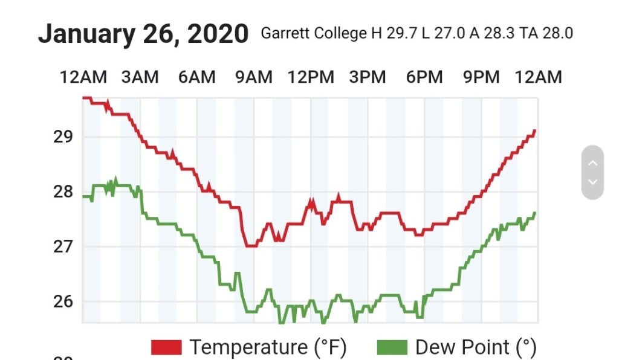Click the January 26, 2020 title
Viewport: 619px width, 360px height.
[143, 34]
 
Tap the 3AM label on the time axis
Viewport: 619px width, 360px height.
[140, 77]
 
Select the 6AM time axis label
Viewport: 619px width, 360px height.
[196, 77]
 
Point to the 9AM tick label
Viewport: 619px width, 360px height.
[254, 77]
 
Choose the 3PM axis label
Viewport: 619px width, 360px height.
[368, 77]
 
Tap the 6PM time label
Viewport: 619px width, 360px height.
[424, 77]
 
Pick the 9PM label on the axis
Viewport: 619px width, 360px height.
[481, 77]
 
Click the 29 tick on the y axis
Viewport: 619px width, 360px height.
[63, 137]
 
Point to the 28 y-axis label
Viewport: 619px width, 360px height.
[63, 192]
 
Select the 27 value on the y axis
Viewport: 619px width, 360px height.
[63, 246]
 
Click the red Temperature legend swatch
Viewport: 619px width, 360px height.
[166, 347]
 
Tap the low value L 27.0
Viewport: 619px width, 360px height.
[445, 33]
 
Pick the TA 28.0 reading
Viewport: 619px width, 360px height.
[546, 33]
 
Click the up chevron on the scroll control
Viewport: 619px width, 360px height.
[592, 163]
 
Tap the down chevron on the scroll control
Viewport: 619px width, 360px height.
[592, 181]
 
